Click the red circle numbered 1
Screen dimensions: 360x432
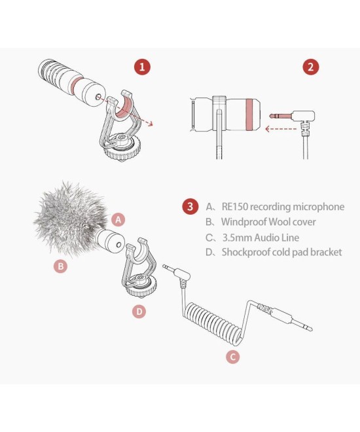click(142, 67)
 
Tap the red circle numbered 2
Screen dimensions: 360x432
click(311, 67)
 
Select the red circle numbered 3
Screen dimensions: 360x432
click(190, 206)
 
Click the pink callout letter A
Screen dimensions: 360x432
click(118, 219)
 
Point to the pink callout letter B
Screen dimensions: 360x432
click(61, 266)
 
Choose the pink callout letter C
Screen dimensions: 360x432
click(233, 357)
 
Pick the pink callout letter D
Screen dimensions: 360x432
click(139, 312)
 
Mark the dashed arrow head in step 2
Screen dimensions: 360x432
click(267, 129)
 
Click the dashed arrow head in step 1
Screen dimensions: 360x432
click(150, 124)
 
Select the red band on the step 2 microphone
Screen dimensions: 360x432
click(250, 114)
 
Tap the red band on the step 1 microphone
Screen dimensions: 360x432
click(77, 85)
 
